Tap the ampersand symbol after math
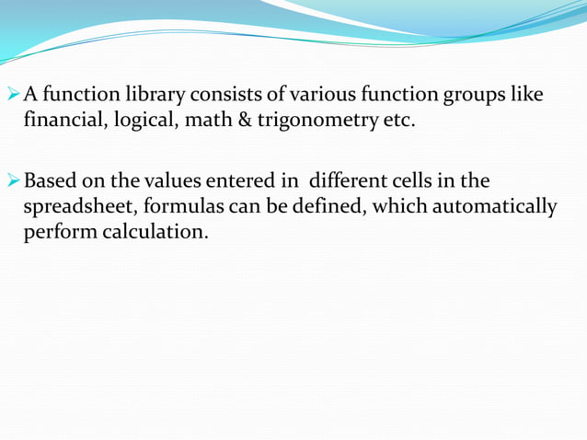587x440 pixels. click(x=242, y=121)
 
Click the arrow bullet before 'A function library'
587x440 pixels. click(x=12, y=95)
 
